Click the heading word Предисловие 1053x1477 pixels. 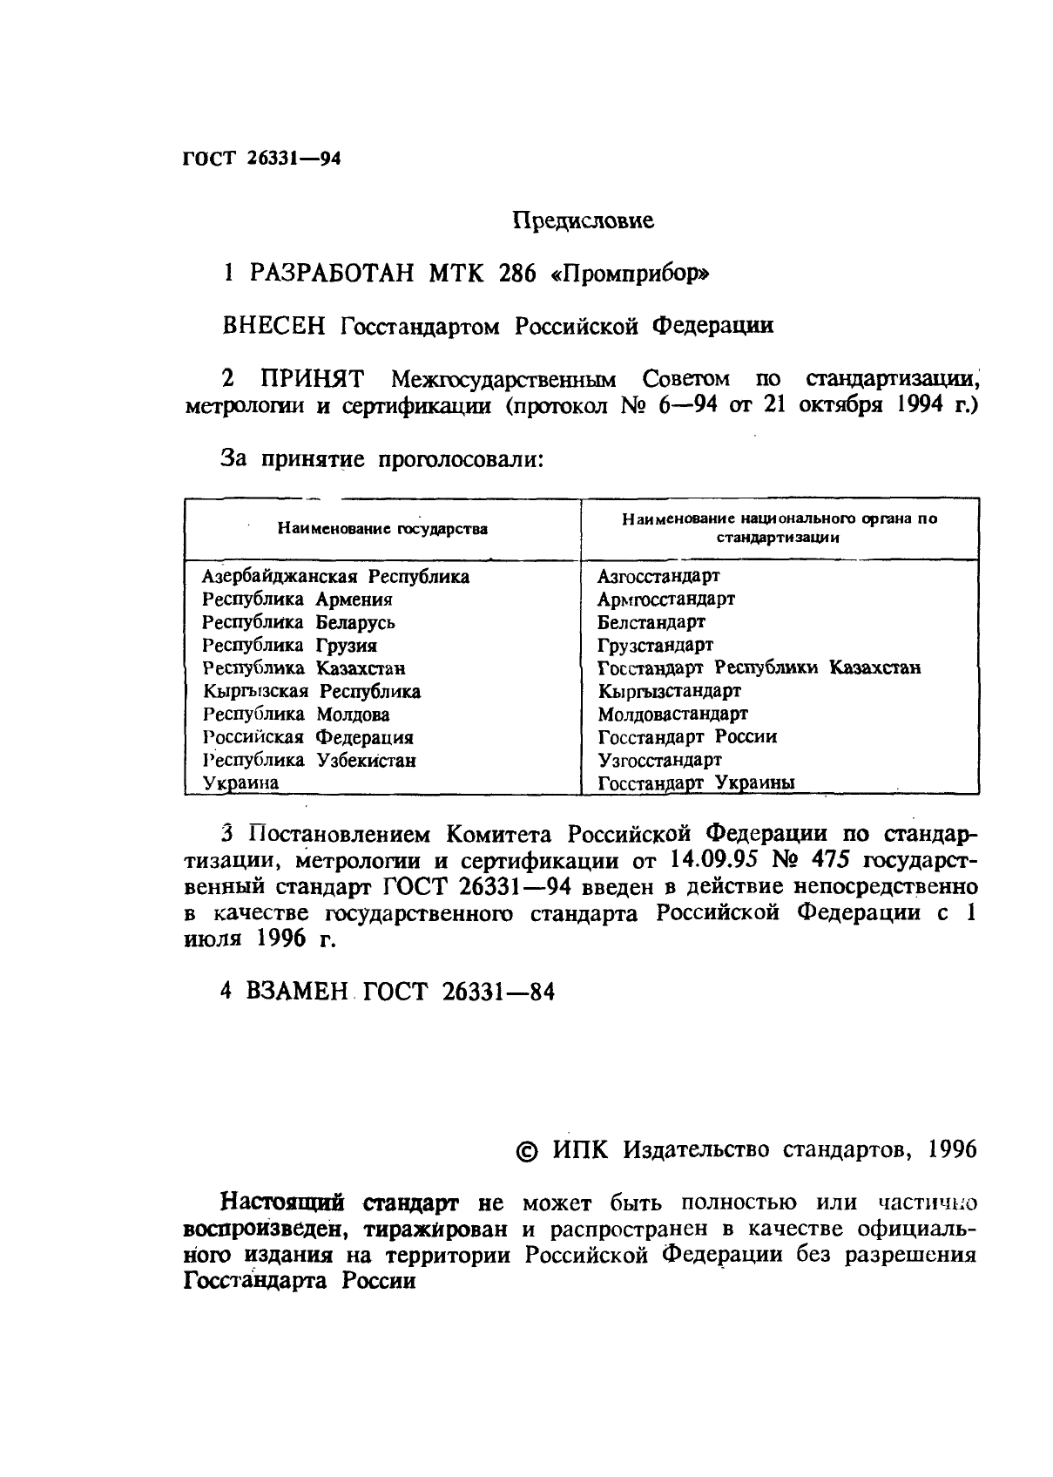coord(582,220)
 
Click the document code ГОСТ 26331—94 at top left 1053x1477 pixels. coord(261,159)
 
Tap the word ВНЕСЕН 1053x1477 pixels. coord(274,326)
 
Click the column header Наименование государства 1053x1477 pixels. coord(382,529)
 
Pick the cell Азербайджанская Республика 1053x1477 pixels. coord(335,577)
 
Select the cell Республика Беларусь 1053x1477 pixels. coord(299,623)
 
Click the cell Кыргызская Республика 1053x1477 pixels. coord(312,692)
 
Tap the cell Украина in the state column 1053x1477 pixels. coord(240,783)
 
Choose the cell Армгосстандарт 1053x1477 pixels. coord(666,600)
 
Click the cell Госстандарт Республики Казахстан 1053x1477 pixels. coord(759,668)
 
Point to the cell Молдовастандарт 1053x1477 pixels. coord(672,715)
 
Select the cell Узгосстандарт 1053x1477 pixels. coord(659,760)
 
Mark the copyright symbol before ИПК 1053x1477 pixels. coord(528,1151)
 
